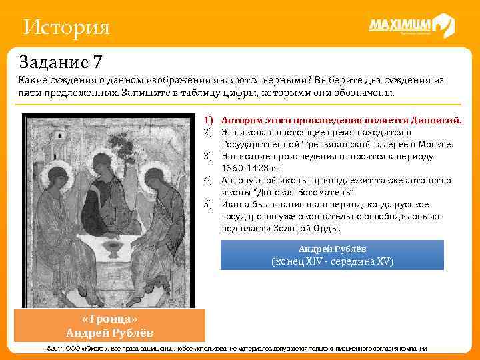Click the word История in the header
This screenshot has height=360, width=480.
pos(65,28)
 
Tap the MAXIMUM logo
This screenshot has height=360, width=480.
pos(411,26)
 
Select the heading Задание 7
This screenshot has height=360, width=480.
pos(61,62)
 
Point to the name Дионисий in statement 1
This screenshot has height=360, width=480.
pos(437,121)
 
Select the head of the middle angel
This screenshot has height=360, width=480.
pos(103,162)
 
